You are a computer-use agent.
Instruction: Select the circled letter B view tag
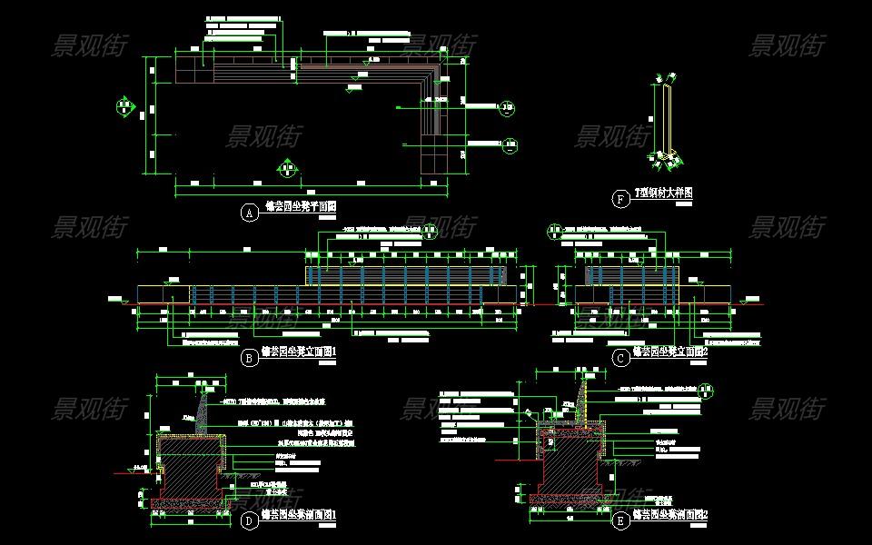pos(248,358)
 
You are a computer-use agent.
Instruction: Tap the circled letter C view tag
pos(621,358)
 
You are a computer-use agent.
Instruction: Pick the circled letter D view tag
pos(248,520)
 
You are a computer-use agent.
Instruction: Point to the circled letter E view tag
pos(621,520)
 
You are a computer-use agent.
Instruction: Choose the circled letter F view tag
pos(621,199)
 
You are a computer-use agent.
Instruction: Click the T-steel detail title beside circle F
pos(663,193)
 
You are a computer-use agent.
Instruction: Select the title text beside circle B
pos(300,352)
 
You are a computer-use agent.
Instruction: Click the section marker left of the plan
pos(125,107)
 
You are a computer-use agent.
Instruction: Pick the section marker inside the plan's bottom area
pos(287,168)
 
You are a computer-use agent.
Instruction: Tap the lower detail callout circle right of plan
pos(510,144)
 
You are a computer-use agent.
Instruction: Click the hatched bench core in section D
pos(191,468)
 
